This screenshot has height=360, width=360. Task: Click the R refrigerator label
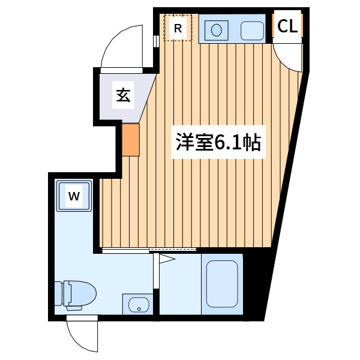click(178, 29)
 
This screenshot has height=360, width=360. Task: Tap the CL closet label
click(287, 26)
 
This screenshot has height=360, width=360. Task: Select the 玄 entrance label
click(123, 95)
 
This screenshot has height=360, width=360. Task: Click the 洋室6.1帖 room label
click(218, 142)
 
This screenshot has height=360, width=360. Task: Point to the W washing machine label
click(74, 196)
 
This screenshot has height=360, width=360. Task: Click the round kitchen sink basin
click(216, 31)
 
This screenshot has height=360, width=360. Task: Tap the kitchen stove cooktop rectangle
click(252, 31)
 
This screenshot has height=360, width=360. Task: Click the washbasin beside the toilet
click(138, 305)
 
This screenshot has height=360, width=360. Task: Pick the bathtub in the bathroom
click(222, 284)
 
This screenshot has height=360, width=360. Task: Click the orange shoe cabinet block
click(130, 140)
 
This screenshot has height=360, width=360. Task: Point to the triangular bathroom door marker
click(167, 259)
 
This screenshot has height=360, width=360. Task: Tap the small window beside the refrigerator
click(156, 41)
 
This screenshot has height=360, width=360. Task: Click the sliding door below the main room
click(149, 250)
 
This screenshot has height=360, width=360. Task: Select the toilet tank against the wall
click(59, 294)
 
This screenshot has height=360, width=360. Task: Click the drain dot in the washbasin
click(139, 309)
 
